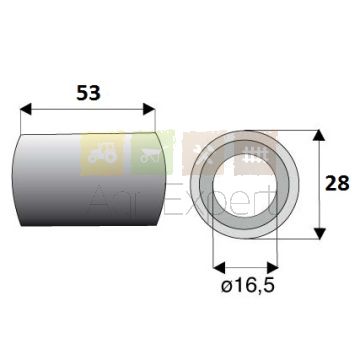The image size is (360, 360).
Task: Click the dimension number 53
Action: tap(88, 93)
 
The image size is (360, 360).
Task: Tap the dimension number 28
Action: tap(337, 183)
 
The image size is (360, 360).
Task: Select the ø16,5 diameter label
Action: tap(248, 286)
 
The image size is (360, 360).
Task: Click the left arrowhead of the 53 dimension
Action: tap(26, 109)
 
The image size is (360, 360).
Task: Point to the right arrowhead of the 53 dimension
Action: tap(149, 109)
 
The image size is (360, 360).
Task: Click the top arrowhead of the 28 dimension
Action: tap(320, 135)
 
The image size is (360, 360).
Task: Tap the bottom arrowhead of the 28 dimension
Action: tap(320, 233)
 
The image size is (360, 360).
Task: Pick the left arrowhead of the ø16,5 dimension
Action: tap(219, 267)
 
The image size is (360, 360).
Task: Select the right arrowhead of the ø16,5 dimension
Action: tap(272, 267)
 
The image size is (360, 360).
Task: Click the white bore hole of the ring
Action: tap(244, 185)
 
